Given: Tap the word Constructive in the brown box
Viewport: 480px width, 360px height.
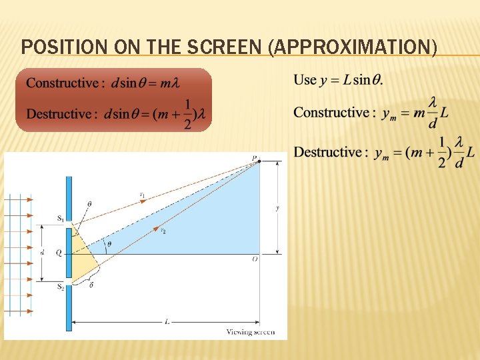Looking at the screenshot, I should [x=62, y=83].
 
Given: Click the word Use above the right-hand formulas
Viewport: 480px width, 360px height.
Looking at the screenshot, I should [x=305, y=80].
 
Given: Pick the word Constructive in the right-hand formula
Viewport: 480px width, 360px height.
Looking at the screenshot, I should [x=331, y=113].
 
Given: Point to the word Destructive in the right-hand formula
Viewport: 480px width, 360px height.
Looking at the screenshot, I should [x=327, y=153].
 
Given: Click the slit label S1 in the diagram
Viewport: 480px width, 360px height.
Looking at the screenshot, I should [x=60, y=219].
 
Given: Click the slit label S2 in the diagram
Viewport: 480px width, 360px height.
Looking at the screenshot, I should [x=60, y=287].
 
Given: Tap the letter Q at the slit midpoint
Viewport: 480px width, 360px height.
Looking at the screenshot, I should [x=59, y=253].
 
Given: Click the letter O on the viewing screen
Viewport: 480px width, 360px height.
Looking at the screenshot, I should [x=255, y=259].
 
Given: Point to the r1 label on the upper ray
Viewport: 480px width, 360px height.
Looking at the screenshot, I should [x=142, y=195].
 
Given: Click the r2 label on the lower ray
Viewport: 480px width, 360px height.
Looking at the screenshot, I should [x=163, y=230].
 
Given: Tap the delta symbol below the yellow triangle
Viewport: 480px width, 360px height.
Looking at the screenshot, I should [x=91, y=285].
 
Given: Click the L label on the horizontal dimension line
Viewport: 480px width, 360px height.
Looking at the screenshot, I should [x=167, y=321].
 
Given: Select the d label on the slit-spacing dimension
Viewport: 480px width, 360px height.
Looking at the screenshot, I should [x=41, y=253].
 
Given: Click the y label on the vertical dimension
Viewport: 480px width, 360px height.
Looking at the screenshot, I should [x=277, y=207].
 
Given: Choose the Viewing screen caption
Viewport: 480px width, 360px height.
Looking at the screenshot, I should [x=250, y=331].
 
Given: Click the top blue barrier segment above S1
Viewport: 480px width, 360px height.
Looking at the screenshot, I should [x=68, y=193].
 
